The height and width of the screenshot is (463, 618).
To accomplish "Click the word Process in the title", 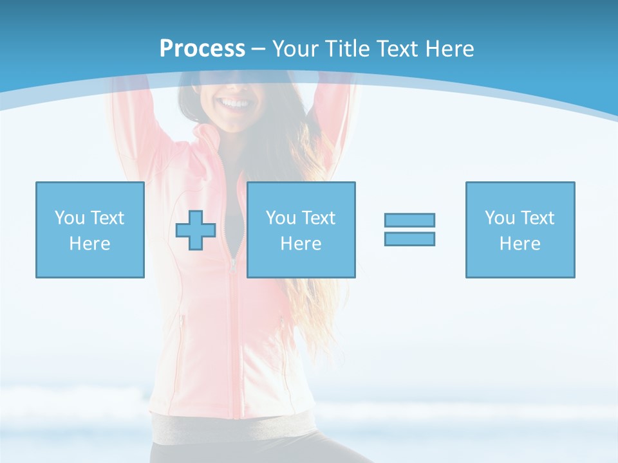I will [202, 49].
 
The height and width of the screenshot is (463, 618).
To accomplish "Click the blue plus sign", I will [196, 230].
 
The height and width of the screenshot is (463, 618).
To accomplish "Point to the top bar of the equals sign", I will [409, 220].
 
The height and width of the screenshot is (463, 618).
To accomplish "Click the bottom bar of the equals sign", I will [409, 239].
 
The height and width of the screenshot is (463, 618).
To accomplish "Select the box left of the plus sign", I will [90, 230].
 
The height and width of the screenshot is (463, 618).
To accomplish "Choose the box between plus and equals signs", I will [301, 230].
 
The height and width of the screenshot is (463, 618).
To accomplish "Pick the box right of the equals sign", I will [520, 230].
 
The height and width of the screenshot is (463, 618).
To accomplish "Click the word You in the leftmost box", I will [70, 218].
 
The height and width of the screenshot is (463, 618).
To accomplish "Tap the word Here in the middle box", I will [301, 244].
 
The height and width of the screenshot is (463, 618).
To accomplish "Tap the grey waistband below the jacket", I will [232, 428].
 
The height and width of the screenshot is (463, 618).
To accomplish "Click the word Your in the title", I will [296, 49].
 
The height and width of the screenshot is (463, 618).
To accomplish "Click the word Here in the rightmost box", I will [520, 244].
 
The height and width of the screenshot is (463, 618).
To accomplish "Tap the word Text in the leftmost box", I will [108, 218].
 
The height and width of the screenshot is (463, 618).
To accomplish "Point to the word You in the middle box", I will [281, 218].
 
